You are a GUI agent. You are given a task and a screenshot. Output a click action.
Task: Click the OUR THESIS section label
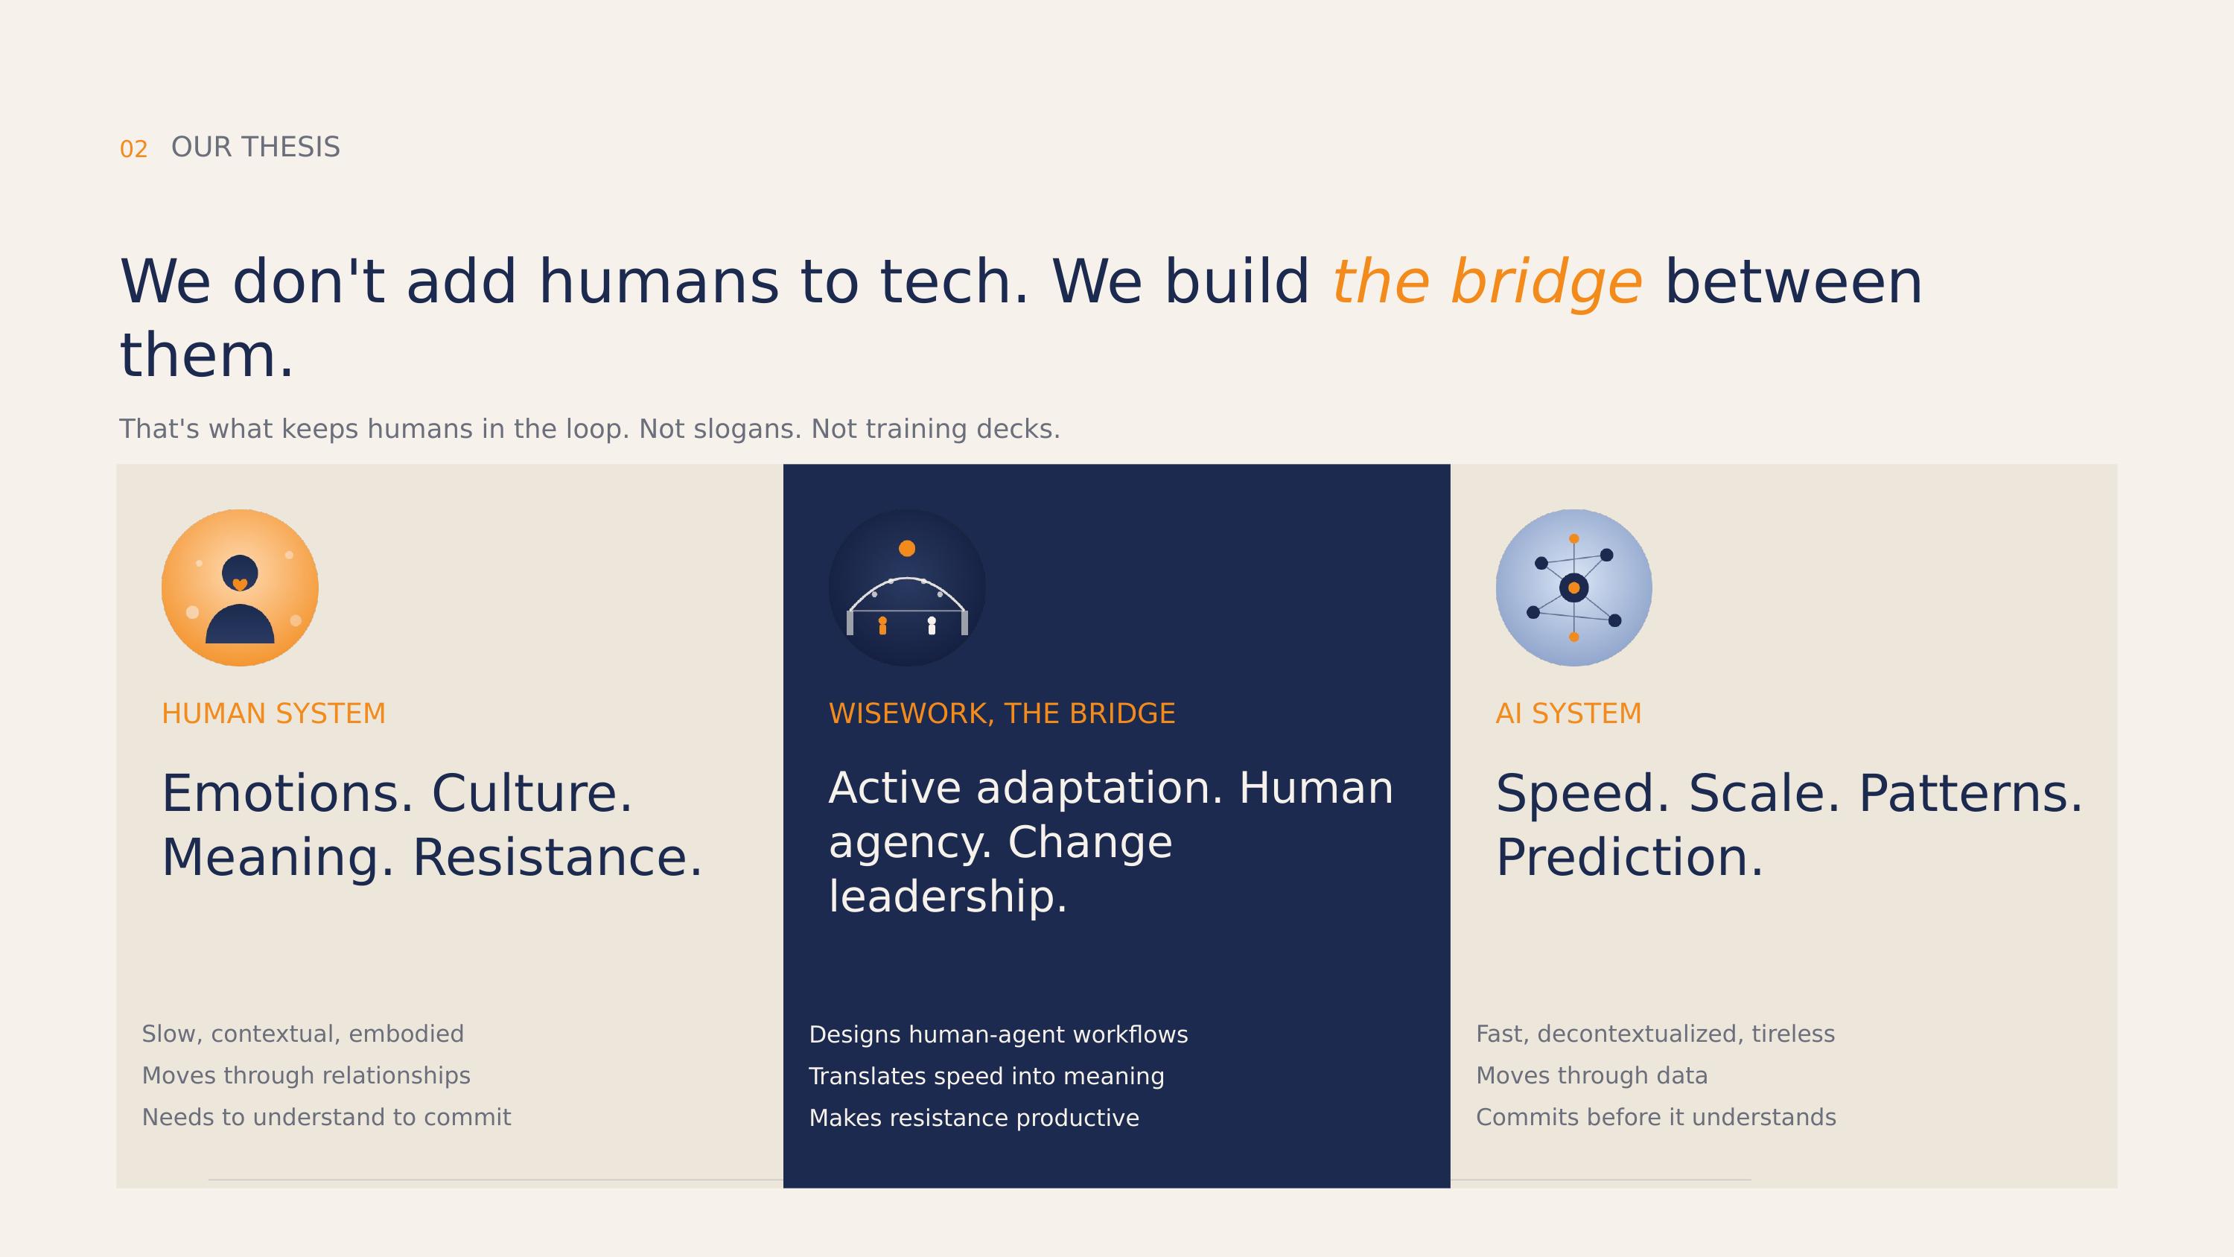pos(256,147)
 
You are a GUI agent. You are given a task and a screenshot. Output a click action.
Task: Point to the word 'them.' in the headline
pos(206,356)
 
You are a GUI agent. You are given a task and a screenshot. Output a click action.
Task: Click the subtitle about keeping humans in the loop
pos(590,428)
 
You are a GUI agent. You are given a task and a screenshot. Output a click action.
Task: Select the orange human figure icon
pos(241,588)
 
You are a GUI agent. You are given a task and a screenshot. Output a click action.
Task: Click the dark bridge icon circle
pos(907,588)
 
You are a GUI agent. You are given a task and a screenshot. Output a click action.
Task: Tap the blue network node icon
pos(1574,588)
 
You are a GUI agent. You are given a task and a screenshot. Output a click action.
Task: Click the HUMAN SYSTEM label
pos(274,714)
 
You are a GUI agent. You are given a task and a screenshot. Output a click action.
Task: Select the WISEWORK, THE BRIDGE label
pos(1002,714)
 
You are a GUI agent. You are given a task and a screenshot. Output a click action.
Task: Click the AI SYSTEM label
pos(1569,714)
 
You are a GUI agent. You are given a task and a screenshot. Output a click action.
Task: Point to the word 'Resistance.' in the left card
pos(558,858)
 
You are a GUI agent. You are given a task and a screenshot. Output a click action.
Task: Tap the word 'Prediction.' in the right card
pos(1630,858)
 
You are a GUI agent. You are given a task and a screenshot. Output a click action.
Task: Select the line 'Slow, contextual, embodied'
pos(302,1034)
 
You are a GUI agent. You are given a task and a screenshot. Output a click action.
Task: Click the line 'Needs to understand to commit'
pos(327,1117)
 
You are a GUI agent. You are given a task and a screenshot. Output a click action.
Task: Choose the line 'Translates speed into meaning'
pos(987,1077)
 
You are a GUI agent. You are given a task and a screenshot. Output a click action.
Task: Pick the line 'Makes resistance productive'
pos(974,1118)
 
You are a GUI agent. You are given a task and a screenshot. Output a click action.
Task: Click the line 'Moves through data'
pos(1592,1076)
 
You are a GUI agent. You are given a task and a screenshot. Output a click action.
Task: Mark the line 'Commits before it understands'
pos(1656,1117)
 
